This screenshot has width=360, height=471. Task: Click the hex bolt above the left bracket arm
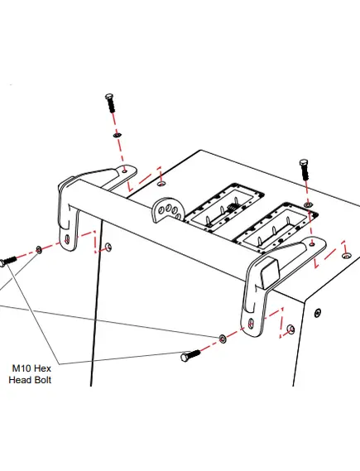pos(110,103)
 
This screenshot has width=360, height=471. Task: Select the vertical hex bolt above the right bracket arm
pos(305,170)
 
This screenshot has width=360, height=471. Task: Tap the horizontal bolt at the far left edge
pos(7,261)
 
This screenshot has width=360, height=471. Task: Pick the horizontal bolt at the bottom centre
pos(190,355)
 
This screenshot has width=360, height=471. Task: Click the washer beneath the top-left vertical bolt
pos(118,135)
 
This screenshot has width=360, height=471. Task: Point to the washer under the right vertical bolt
pos(308,204)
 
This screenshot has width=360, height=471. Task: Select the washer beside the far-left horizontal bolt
pos(39,249)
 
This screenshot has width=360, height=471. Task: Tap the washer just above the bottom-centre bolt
pos(223,339)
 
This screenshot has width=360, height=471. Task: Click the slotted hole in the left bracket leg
pos(67,239)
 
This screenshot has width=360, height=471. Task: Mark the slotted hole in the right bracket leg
pos(251,323)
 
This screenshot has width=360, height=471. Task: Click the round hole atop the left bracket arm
pos(125,171)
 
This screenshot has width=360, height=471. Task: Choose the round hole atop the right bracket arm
pos(312,244)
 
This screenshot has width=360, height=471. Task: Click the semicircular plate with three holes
pos(168,209)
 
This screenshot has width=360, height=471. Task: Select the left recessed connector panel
pos(223,207)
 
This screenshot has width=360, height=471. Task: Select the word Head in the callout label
pos(21,380)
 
